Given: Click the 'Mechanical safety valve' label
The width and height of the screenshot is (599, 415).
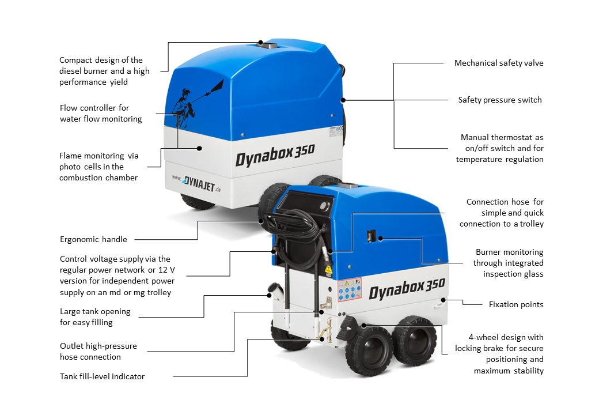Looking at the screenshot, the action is [x=499, y=63].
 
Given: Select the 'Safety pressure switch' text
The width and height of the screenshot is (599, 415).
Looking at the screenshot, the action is [x=500, y=100].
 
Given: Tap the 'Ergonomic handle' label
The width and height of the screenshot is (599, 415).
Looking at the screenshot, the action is [x=93, y=240].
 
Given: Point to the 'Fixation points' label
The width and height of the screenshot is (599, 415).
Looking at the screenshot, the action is [x=516, y=304].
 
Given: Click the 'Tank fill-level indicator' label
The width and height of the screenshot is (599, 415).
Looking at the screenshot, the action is [x=103, y=377].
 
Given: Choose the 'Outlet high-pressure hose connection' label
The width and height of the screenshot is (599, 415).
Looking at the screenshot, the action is [x=98, y=352].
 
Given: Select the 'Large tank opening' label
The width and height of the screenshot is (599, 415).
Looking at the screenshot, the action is [x=95, y=317].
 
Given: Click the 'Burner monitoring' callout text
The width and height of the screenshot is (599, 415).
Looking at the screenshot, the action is [x=508, y=263].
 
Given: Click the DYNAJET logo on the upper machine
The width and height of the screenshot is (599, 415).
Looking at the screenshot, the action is [x=196, y=184].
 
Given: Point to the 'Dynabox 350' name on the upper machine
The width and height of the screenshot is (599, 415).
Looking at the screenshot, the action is [x=275, y=154].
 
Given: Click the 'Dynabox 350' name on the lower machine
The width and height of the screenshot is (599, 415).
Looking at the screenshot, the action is [x=407, y=289].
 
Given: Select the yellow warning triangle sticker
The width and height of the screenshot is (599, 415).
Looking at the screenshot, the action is [x=328, y=269].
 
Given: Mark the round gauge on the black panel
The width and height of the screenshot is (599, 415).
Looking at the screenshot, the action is [x=325, y=206].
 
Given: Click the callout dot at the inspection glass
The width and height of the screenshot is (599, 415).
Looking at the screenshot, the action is [x=381, y=239].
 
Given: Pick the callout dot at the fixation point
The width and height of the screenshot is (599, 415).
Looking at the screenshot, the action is [x=443, y=300].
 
